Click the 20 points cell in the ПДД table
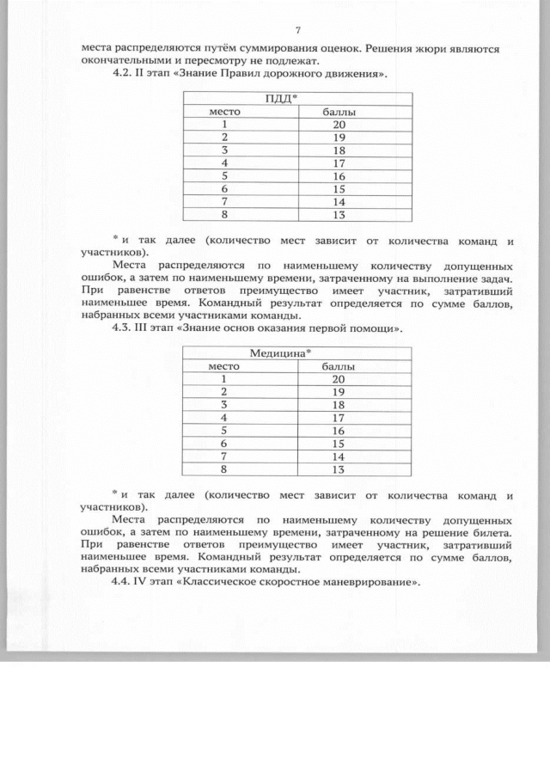(338, 125)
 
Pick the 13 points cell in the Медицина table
(338, 469)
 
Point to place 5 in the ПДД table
(225, 176)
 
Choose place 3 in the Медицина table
(225, 405)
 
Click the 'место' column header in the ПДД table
(226, 112)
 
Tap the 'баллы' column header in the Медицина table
(338, 366)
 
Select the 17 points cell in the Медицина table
(338, 418)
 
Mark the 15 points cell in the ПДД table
(338, 189)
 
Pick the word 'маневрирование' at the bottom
(368, 582)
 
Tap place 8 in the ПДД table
(225, 215)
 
